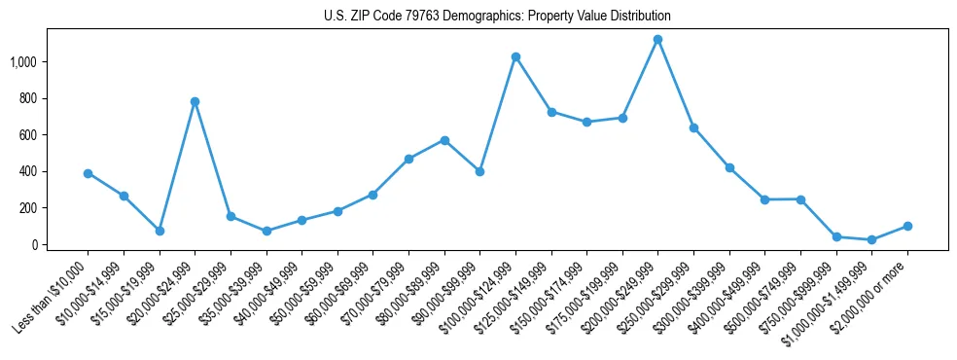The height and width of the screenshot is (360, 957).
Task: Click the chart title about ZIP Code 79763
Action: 497,17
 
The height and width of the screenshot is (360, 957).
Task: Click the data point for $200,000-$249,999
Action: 658,40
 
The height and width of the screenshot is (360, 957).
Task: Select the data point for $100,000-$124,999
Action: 515,56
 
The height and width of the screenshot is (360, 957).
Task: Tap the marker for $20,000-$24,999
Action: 195,101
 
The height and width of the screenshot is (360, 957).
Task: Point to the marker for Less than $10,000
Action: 88,173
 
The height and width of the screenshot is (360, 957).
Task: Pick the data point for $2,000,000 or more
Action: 907,226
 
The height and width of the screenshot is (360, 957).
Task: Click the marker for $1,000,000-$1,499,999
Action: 871,239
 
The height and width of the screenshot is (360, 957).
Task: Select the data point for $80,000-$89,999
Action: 444,140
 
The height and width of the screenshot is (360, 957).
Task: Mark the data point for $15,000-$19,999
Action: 159,231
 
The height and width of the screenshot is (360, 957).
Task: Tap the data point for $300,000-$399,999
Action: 729,167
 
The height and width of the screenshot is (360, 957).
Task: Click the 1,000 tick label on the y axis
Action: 24,61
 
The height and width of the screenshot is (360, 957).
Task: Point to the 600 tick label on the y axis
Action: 29,134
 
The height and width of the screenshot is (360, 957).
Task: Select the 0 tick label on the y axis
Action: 35,244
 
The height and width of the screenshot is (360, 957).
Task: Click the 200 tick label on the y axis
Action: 29,208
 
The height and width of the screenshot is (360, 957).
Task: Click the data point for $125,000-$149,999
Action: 551,112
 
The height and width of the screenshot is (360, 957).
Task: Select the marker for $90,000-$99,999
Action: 479,171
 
